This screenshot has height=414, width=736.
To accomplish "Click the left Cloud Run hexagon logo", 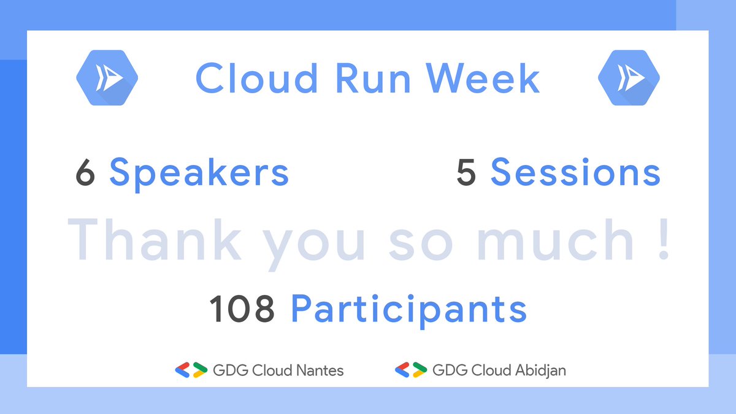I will click(x=107, y=77).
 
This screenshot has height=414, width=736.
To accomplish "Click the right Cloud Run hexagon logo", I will click(x=629, y=77).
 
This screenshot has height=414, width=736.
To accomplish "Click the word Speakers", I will click(x=199, y=174).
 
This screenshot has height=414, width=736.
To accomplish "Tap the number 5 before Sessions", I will click(x=466, y=174).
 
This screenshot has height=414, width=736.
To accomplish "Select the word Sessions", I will click(x=575, y=174).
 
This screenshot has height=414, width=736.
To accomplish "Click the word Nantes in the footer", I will click(x=320, y=370).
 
